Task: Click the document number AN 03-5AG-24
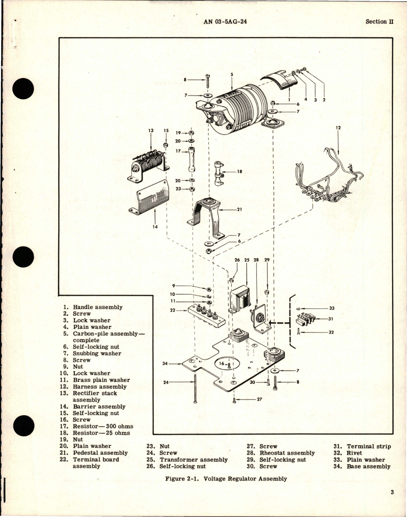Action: (x=228, y=22)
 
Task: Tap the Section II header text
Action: (x=380, y=22)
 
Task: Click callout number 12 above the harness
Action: (x=338, y=128)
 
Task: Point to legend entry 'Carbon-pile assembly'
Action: (x=105, y=334)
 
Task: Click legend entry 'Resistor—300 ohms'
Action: (x=103, y=426)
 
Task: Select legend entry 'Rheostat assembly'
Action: (x=287, y=453)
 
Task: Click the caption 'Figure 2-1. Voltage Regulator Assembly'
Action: (x=226, y=479)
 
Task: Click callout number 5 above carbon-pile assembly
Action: (x=232, y=74)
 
